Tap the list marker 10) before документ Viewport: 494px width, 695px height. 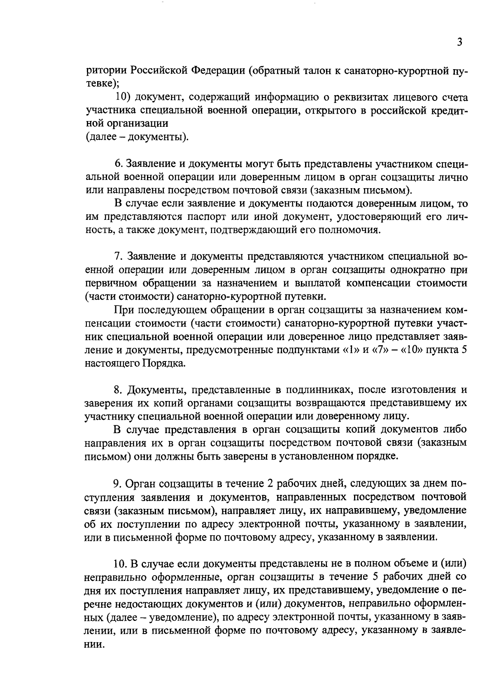pos(123,98)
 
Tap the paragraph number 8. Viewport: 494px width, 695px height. pos(118,390)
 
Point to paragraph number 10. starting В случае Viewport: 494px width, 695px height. pos(122,563)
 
